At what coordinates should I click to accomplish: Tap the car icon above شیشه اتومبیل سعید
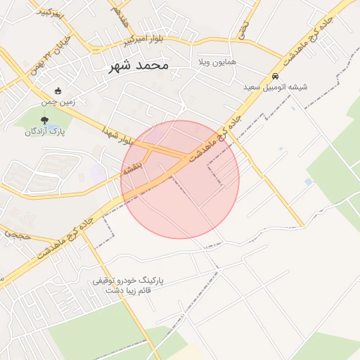tap(275, 76)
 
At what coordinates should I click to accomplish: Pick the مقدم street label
tap(119, 15)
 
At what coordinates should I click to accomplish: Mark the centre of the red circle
tap(180, 179)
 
